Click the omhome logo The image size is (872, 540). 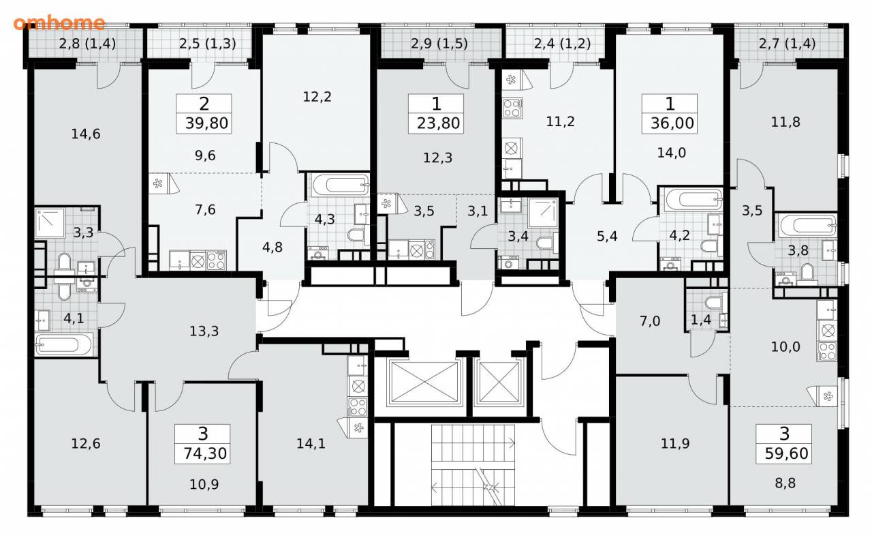59,23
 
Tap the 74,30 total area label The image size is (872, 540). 205,453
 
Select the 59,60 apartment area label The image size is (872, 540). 786,453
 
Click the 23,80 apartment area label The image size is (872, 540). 438,123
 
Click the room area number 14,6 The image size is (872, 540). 86,134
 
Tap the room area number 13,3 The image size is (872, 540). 204,331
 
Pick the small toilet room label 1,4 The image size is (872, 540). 701,320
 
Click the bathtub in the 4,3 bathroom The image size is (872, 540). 340,185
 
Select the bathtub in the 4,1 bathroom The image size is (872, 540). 64,344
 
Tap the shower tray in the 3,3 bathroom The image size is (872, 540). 50,223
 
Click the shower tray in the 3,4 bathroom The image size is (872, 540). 543,213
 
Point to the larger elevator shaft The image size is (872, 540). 424,381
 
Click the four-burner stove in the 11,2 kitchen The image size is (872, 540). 512,108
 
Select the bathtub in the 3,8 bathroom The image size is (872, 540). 808,225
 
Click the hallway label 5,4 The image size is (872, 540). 607,236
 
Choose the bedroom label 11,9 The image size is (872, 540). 675,443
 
